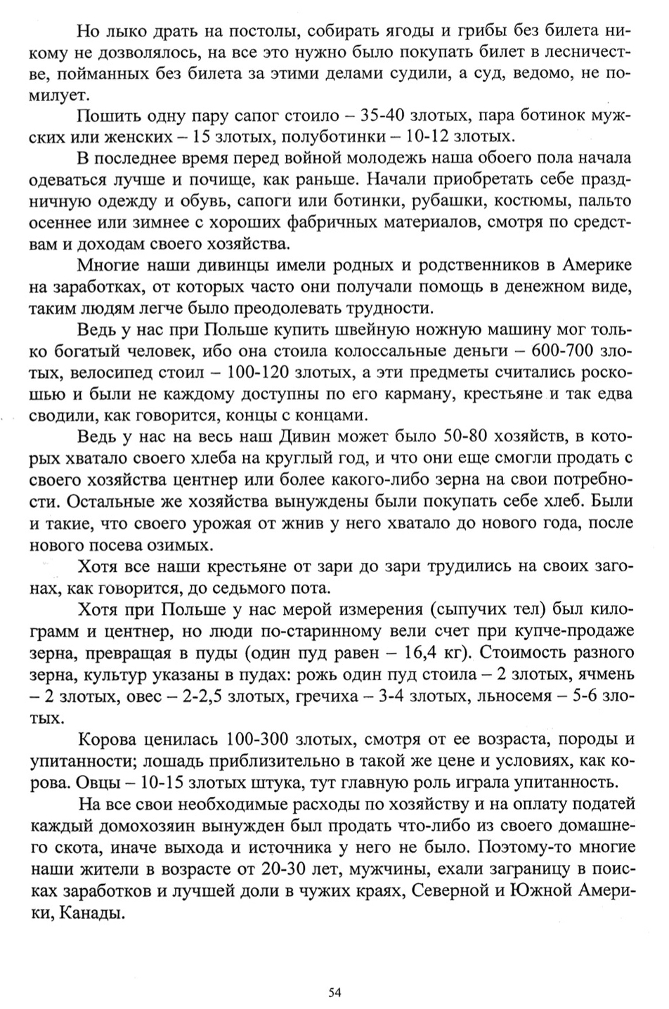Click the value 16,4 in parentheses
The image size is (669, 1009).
pos(419,652)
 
